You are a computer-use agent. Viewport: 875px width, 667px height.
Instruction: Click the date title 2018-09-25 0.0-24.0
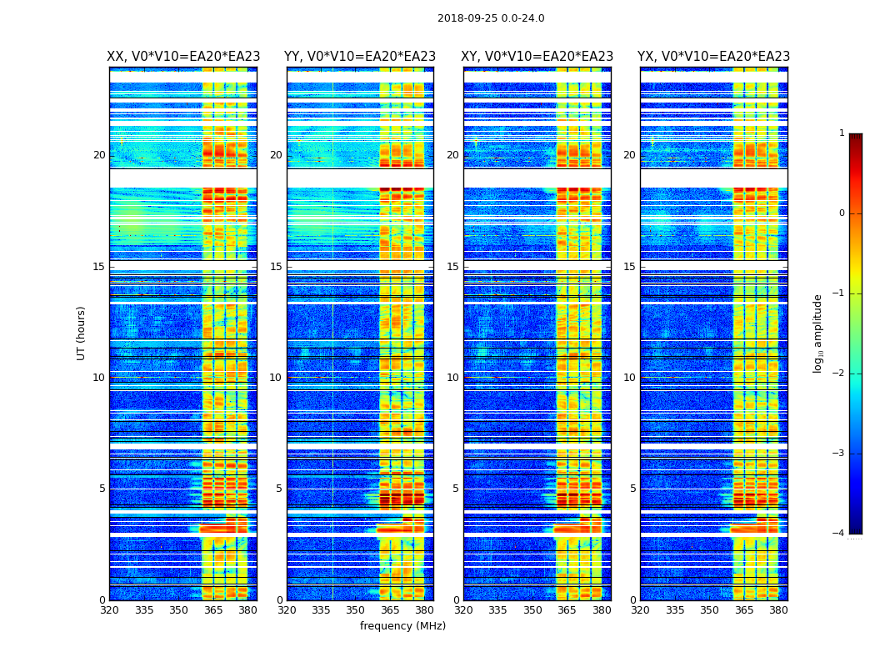point(491,18)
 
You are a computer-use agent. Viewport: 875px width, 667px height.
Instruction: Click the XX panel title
point(183,57)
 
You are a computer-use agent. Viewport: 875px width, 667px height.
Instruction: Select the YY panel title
point(360,57)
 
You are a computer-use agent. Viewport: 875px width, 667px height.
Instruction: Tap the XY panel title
point(537,57)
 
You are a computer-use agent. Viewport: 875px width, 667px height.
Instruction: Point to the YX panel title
point(713,57)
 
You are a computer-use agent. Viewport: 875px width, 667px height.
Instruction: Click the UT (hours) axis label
point(82,333)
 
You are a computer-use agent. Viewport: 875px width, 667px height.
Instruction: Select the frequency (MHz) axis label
point(402,626)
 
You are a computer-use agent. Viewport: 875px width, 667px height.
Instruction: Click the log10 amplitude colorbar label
point(818,333)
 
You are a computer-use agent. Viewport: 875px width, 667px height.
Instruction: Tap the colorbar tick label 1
point(842,133)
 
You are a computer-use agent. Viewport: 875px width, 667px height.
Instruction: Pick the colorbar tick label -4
point(840,534)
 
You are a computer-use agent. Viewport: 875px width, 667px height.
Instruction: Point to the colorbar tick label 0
point(842,213)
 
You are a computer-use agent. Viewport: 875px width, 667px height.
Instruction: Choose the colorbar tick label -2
point(840,374)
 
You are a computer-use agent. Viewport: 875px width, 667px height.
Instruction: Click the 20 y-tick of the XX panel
point(99,155)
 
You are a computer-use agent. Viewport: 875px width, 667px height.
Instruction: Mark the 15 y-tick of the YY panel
point(276,267)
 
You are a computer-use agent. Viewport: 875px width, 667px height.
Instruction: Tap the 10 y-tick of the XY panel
point(452,378)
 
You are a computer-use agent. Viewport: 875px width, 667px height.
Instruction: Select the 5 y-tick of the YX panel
point(632,489)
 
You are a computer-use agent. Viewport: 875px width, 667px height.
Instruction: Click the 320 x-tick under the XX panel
point(109,610)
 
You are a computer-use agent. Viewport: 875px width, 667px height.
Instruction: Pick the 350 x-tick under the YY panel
point(356,610)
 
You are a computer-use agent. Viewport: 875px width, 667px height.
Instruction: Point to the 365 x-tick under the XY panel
point(567,610)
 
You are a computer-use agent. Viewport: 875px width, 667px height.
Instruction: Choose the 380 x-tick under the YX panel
point(778,610)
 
